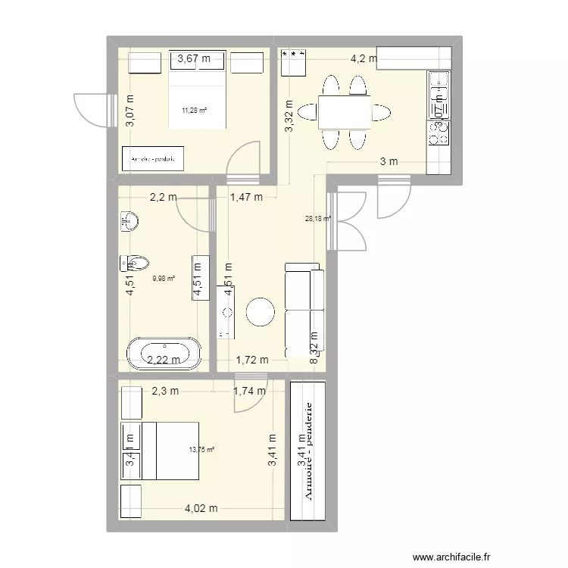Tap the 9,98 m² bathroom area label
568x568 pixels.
[x=164, y=278]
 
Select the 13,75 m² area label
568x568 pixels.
[x=201, y=449]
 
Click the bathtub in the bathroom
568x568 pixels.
[x=164, y=354]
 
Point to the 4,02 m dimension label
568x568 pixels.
[x=201, y=509]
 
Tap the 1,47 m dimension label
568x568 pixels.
[x=245, y=198]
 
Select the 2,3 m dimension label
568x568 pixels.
[x=164, y=391]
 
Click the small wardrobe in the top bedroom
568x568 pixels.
[x=154, y=159]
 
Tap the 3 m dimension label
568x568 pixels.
[x=389, y=161]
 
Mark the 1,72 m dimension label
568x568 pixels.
[x=252, y=360]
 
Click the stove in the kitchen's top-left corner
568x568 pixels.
[x=292, y=62]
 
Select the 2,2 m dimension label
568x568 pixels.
[x=163, y=198]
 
